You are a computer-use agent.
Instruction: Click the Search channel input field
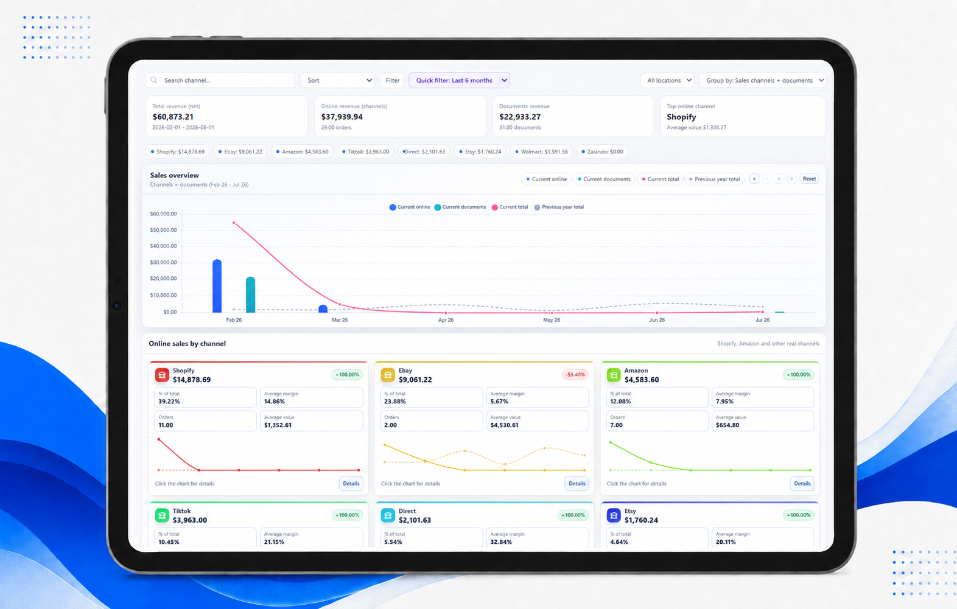point(220,80)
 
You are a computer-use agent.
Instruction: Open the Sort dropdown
point(338,80)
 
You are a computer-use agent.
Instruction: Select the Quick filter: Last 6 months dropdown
point(459,80)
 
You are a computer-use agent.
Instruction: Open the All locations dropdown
point(668,80)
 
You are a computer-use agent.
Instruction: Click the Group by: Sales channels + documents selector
point(763,80)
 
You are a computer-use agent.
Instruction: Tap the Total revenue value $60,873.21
point(173,117)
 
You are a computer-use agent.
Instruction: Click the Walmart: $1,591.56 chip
point(541,151)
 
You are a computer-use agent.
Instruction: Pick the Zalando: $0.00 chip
point(603,151)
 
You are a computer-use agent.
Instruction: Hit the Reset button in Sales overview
point(809,179)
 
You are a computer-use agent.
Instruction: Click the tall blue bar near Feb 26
point(217,286)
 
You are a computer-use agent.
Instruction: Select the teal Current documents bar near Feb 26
point(251,294)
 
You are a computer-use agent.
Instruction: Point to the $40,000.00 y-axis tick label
point(163,246)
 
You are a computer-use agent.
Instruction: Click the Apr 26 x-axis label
point(446,320)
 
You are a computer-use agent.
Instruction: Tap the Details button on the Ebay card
point(577,484)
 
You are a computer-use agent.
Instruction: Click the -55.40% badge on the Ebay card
point(575,375)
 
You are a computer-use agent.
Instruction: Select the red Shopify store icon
point(162,375)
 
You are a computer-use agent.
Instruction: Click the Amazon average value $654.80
point(727,425)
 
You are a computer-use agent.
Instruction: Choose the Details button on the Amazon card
point(802,484)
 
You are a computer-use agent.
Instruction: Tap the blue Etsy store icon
point(614,515)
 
